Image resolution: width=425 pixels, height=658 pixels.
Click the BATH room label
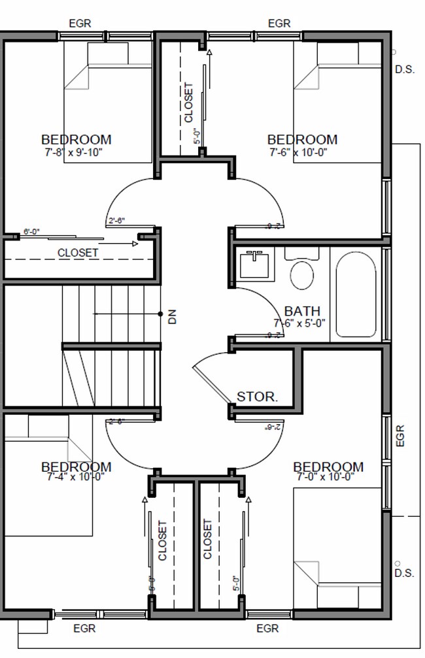(302, 310)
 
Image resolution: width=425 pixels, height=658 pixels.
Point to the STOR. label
(258, 396)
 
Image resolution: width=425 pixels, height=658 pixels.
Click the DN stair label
(173, 316)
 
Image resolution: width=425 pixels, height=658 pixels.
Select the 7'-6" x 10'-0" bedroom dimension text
(302, 152)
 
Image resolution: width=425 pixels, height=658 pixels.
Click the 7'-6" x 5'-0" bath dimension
(299, 322)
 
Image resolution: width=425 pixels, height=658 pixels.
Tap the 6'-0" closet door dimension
(32, 231)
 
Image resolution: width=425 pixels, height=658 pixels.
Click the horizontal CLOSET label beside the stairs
(78, 252)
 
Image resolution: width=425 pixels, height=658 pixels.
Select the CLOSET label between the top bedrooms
(189, 103)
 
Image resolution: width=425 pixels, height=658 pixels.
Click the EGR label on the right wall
(400, 436)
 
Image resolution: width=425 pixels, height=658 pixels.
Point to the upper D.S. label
(405, 69)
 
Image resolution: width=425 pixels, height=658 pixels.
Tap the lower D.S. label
(405, 573)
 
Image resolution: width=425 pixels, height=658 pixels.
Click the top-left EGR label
(80, 24)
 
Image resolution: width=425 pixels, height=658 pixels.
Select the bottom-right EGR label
(267, 629)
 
